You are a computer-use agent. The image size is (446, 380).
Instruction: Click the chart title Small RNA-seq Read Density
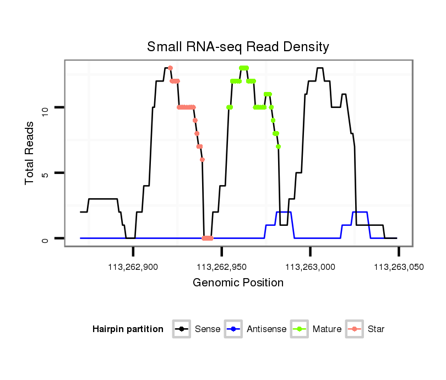pos(238,47)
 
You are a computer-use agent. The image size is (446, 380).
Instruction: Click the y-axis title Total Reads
pos(30,153)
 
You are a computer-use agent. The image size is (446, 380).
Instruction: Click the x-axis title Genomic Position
pos(238,283)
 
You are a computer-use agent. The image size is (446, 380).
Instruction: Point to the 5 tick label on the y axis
pos(46,173)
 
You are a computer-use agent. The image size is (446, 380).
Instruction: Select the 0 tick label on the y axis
pos(46,238)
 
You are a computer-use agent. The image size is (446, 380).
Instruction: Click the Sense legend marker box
pos(181,329)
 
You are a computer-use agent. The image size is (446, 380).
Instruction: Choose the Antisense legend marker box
pos(234,329)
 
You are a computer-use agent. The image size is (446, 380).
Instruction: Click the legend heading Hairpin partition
pos(128,329)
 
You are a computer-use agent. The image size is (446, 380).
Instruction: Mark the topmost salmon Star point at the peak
pos(170,68)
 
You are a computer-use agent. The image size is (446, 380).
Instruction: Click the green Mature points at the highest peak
pos(243,68)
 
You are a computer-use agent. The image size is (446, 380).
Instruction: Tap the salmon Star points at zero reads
pos(207,238)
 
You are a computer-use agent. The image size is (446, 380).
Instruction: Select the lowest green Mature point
pos(279,146)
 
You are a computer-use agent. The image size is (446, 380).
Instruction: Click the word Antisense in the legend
pos(266,329)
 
